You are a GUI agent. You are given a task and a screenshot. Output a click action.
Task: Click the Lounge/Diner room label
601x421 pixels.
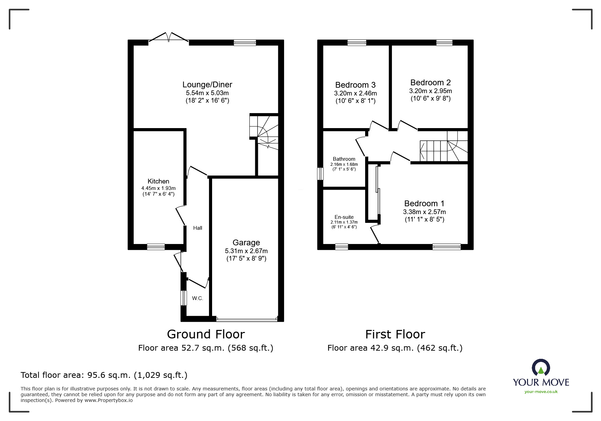pyautogui.click(x=207, y=85)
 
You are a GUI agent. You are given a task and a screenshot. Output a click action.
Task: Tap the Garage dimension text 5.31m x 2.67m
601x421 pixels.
pyautogui.click(x=246, y=251)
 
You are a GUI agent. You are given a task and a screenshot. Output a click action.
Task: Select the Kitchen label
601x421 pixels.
pyautogui.click(x=158, y=181)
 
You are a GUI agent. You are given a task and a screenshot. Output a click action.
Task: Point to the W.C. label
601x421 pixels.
pyautogui.click(x=198, y=298)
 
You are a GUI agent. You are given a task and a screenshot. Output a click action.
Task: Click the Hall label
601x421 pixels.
pyautogui.click(x=198, y=228)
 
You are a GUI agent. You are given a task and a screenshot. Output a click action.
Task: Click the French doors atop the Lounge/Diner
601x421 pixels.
pyautogui.click(x=169, y=38)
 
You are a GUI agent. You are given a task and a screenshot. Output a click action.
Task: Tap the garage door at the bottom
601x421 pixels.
pyautogui.click(x=247, y=319)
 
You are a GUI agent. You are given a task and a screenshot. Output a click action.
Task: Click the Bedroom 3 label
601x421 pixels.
pyautogui.click(x=355, y=85)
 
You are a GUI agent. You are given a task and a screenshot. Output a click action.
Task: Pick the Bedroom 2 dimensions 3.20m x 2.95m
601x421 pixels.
pyautogui.click(x=430, y=91)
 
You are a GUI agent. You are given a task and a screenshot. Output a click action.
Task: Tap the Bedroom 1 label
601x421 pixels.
pyautogui.click(x=424, y=204)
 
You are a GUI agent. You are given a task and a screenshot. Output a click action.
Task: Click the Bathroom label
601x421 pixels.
pyautogui.click(x=344, y=159)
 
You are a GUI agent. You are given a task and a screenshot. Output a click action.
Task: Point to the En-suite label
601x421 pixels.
pyautogui.click(x=344, y=217)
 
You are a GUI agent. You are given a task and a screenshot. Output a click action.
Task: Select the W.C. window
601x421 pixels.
pyautogui.click(x=184, y=298)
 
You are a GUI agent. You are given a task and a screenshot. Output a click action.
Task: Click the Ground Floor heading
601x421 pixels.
pyautogui.click(x=206, y=334)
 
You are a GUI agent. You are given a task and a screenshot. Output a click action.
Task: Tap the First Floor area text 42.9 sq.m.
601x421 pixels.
pyautogui.click(x=395, y=348)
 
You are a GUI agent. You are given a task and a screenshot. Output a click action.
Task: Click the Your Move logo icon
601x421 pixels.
pyautogui.click(x=541, y=368)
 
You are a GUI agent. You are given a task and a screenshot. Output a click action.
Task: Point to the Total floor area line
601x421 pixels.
pyautogui.click(x=104, y=375)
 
